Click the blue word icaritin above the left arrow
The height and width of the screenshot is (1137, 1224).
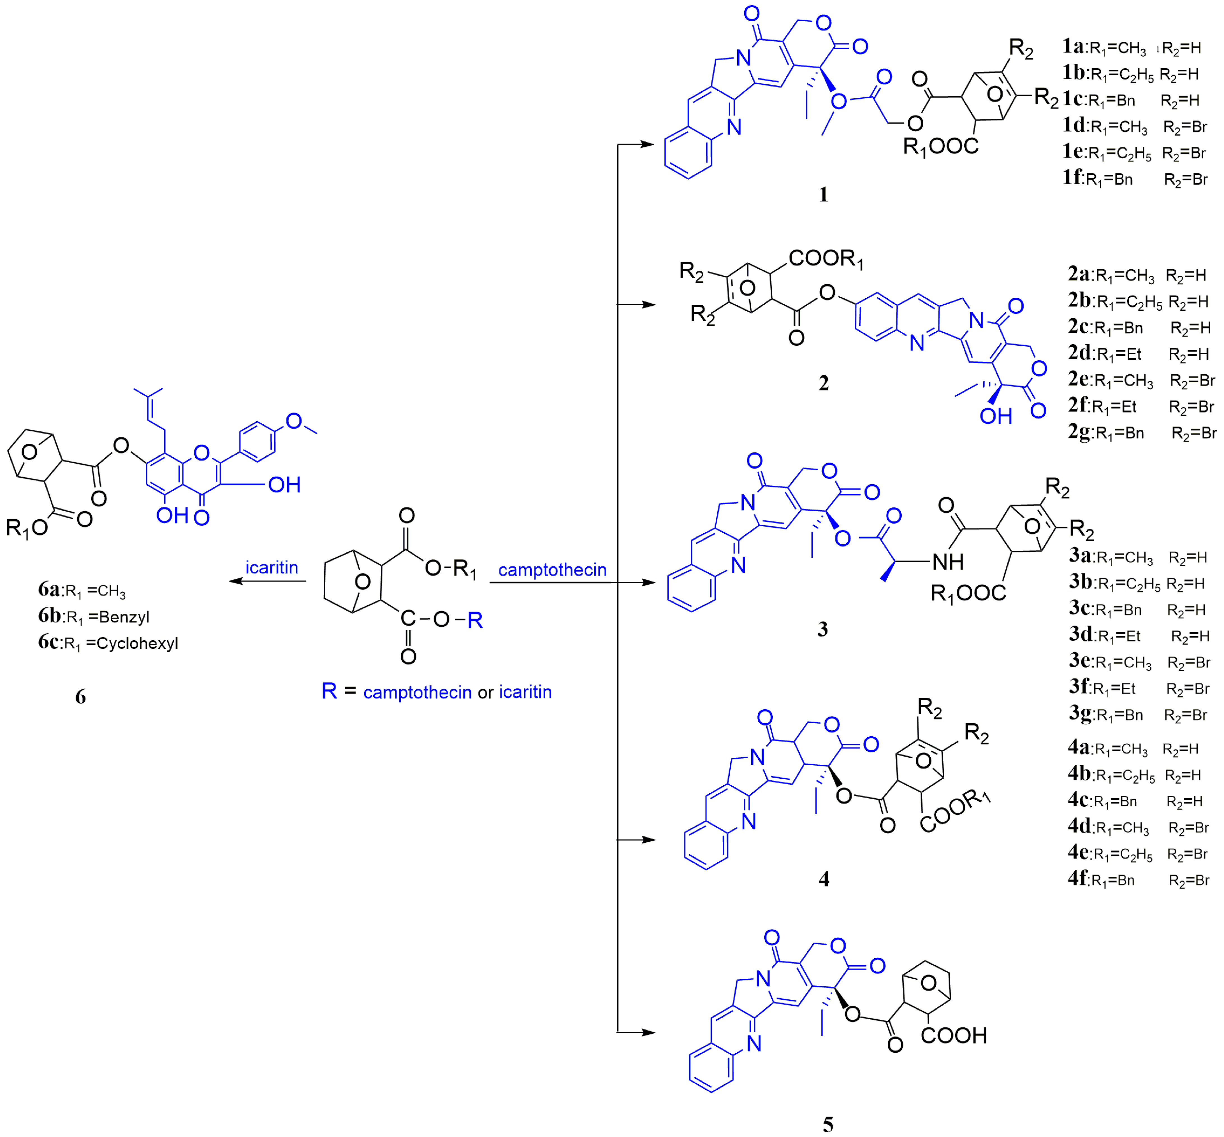pos(271,567)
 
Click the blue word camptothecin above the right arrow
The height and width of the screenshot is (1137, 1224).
pos(552,570)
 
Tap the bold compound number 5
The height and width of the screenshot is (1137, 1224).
pos(828,1124)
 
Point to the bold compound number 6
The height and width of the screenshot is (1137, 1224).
pos(80,696)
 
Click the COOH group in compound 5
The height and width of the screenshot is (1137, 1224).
pos(953,1036)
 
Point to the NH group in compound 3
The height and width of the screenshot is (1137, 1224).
pos(948,561)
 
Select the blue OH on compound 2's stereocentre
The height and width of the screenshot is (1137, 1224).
pos(996,417)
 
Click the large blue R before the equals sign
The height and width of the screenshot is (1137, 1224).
pos(329,691)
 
